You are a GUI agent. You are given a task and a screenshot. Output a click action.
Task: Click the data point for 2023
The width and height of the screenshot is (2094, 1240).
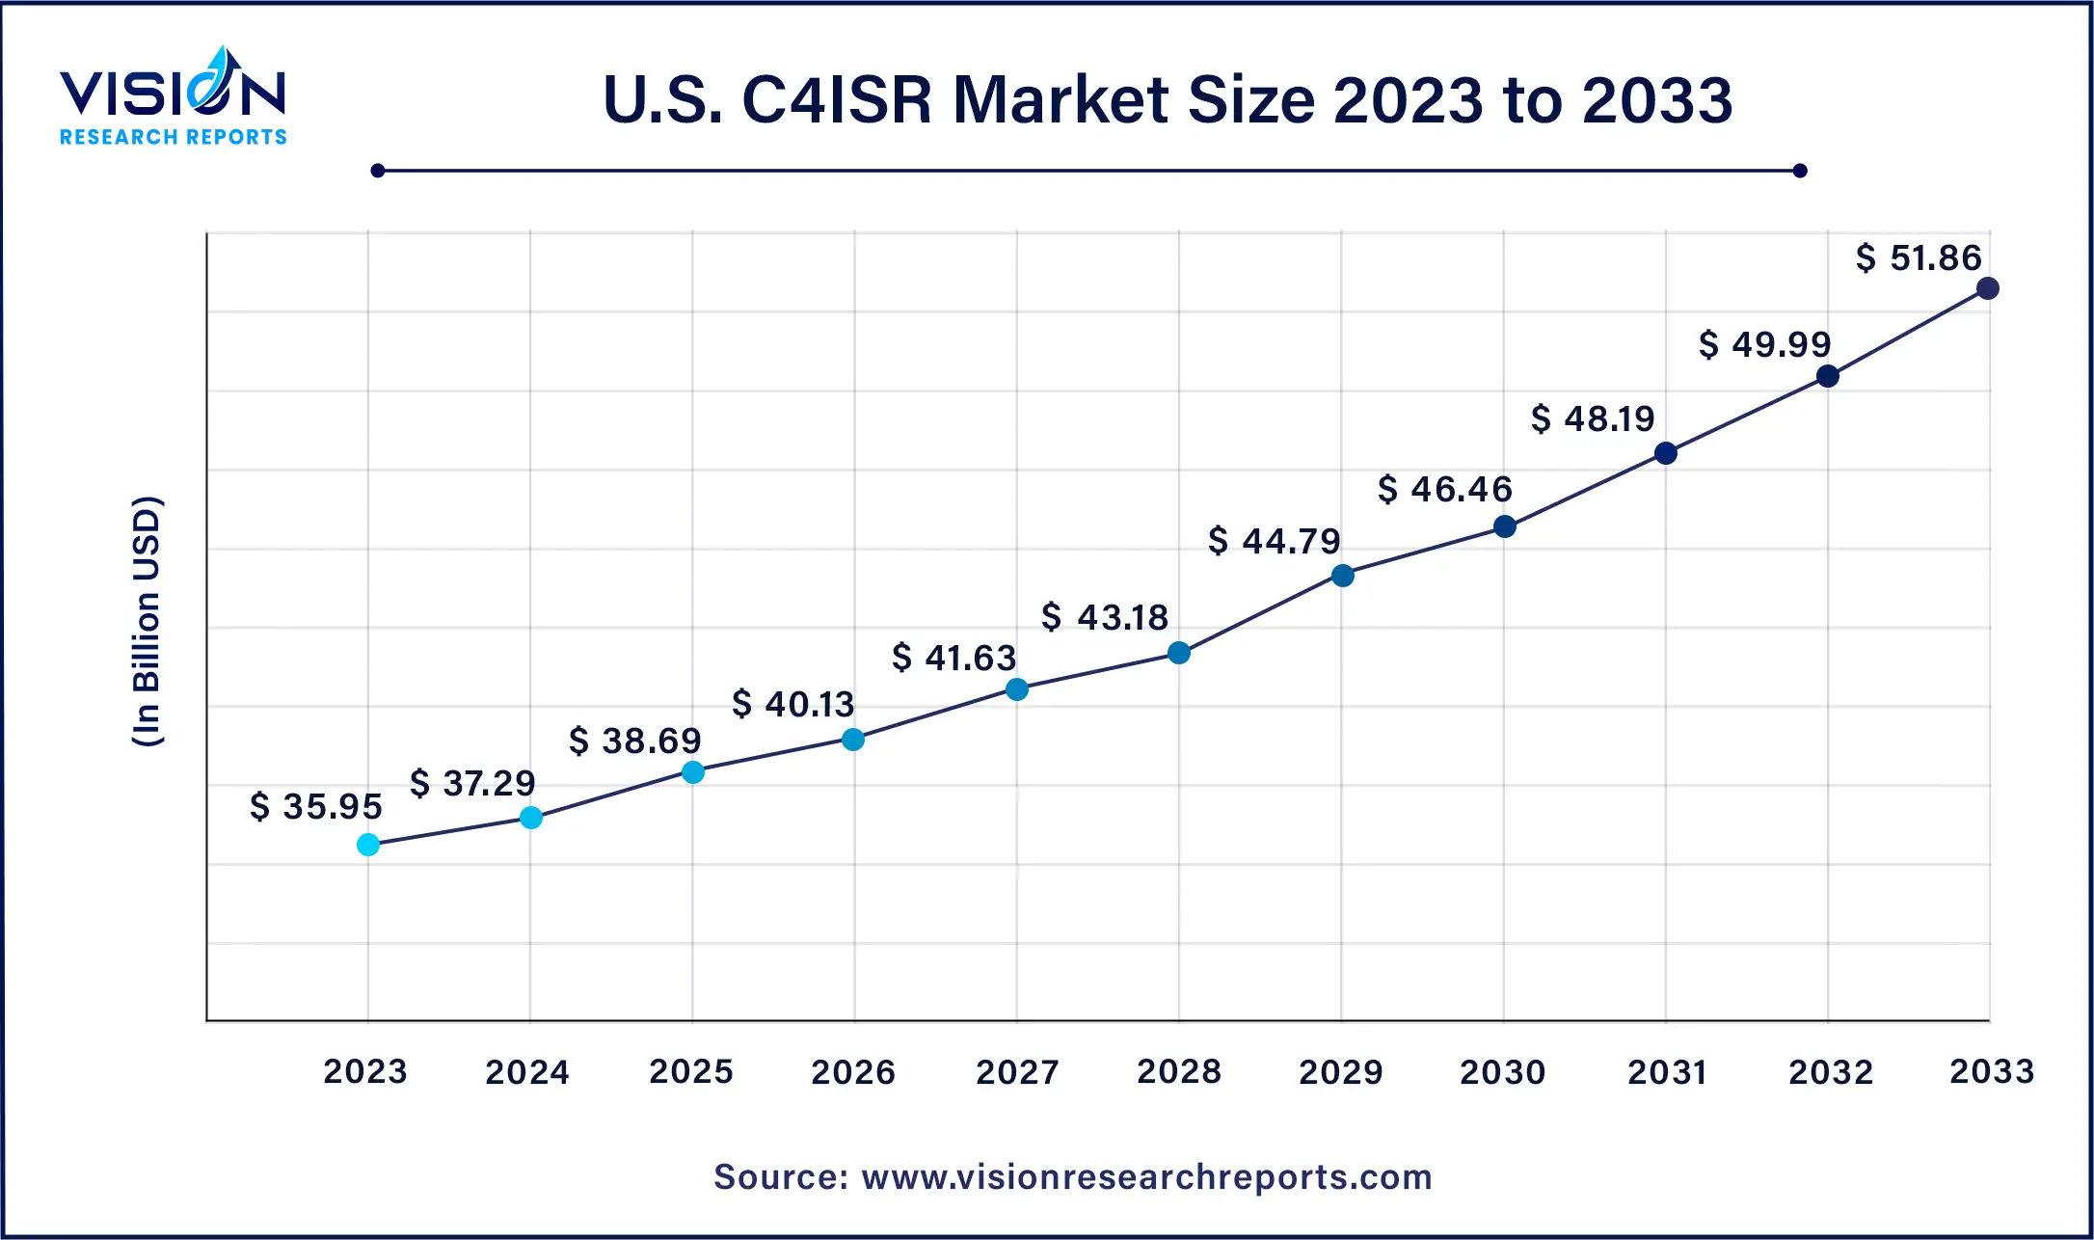click(368, 845)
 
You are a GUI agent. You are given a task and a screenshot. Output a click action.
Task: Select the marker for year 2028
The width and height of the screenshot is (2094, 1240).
click(1178, 653)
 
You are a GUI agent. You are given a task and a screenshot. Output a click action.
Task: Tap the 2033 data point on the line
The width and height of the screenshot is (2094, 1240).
click(1987, 288)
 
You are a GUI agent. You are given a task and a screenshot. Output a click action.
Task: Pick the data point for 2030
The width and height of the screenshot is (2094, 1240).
click(1504, 526)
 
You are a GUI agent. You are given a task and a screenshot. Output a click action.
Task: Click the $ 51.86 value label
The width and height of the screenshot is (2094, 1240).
click(1919, 258)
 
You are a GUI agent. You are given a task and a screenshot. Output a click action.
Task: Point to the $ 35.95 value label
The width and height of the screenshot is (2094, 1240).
click(316, 806)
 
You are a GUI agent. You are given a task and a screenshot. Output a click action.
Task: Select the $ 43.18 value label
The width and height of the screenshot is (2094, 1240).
click(1105, 617)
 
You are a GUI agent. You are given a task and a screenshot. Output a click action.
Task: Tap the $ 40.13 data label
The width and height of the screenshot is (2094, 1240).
click(793, 704)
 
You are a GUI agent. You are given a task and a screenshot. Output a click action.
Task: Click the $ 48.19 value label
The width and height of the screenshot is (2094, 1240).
click(1593, 418)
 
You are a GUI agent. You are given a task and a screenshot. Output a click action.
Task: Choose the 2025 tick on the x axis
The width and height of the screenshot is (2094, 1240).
click(691, 1071)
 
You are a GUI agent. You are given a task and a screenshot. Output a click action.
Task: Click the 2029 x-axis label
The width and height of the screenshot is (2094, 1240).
click(1341, 1071)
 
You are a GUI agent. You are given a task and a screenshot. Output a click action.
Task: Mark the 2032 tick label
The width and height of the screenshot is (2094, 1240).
click(1831, 1071)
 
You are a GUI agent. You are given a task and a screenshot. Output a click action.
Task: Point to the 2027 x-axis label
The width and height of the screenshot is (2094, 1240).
click(1017, 1071)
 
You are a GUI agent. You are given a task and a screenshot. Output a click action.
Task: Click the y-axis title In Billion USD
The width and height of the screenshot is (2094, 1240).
click(147, 622)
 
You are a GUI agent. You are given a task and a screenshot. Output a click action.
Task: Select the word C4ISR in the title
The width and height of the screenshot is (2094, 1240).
click(837, 100)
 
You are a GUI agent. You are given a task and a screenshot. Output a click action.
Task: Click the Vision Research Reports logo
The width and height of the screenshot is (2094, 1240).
click(174, 96)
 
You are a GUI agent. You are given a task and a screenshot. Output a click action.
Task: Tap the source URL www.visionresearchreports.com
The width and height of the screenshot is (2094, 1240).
click(1146, 1177)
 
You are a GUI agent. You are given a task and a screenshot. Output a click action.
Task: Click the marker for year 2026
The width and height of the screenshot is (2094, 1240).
click(853, 740)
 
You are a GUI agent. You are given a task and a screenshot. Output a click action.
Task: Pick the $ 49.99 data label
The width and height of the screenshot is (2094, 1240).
click(1764, 344)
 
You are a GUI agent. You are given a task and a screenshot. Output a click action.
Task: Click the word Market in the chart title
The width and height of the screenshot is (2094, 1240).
click(1060, 100)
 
